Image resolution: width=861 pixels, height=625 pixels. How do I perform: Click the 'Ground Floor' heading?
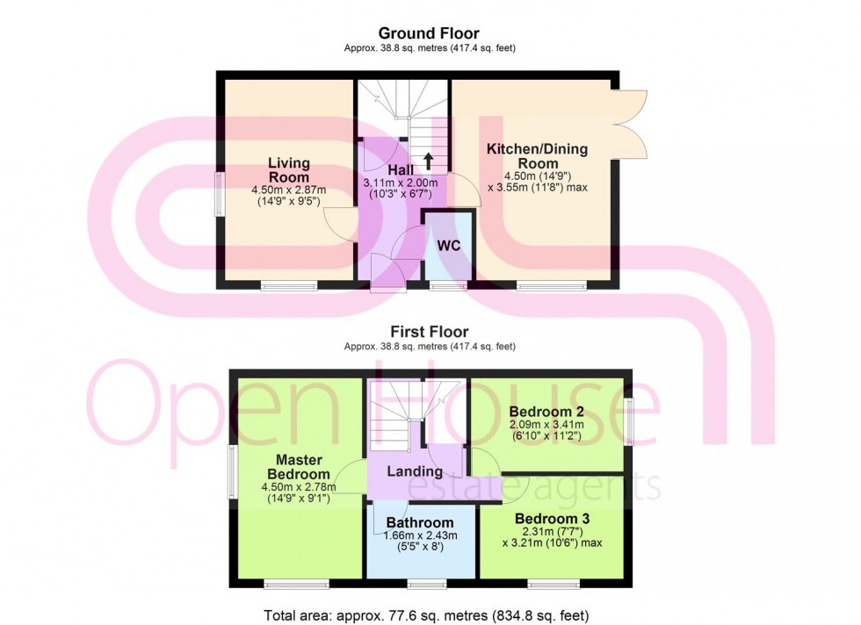pos(429,34)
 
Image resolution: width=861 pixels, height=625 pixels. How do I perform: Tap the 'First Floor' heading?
pos(429,332)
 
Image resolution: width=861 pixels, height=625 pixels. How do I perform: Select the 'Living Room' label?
pos(288,170)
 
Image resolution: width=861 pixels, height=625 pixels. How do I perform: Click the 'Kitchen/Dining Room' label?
pos(538,156)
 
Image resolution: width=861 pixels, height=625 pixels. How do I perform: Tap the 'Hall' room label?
pos(402,169)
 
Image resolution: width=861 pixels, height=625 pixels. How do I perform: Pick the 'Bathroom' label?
pos(420,522)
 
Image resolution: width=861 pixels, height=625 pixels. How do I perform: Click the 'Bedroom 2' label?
pos(547,411)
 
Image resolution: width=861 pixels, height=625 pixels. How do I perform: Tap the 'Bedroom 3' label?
pos(552,518)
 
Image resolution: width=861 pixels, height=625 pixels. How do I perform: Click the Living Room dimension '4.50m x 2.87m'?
pos(288,189)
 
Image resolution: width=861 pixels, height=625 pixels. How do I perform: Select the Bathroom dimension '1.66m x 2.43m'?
pos(421,535)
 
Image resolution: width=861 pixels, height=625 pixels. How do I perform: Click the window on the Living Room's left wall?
pos(220,193)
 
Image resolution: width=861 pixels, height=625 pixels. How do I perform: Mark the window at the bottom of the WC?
pos(447,285)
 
